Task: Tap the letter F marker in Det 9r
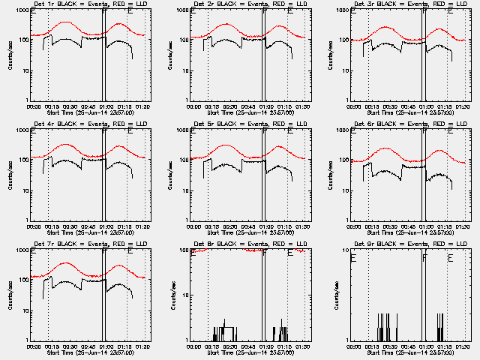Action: (424, 258)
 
